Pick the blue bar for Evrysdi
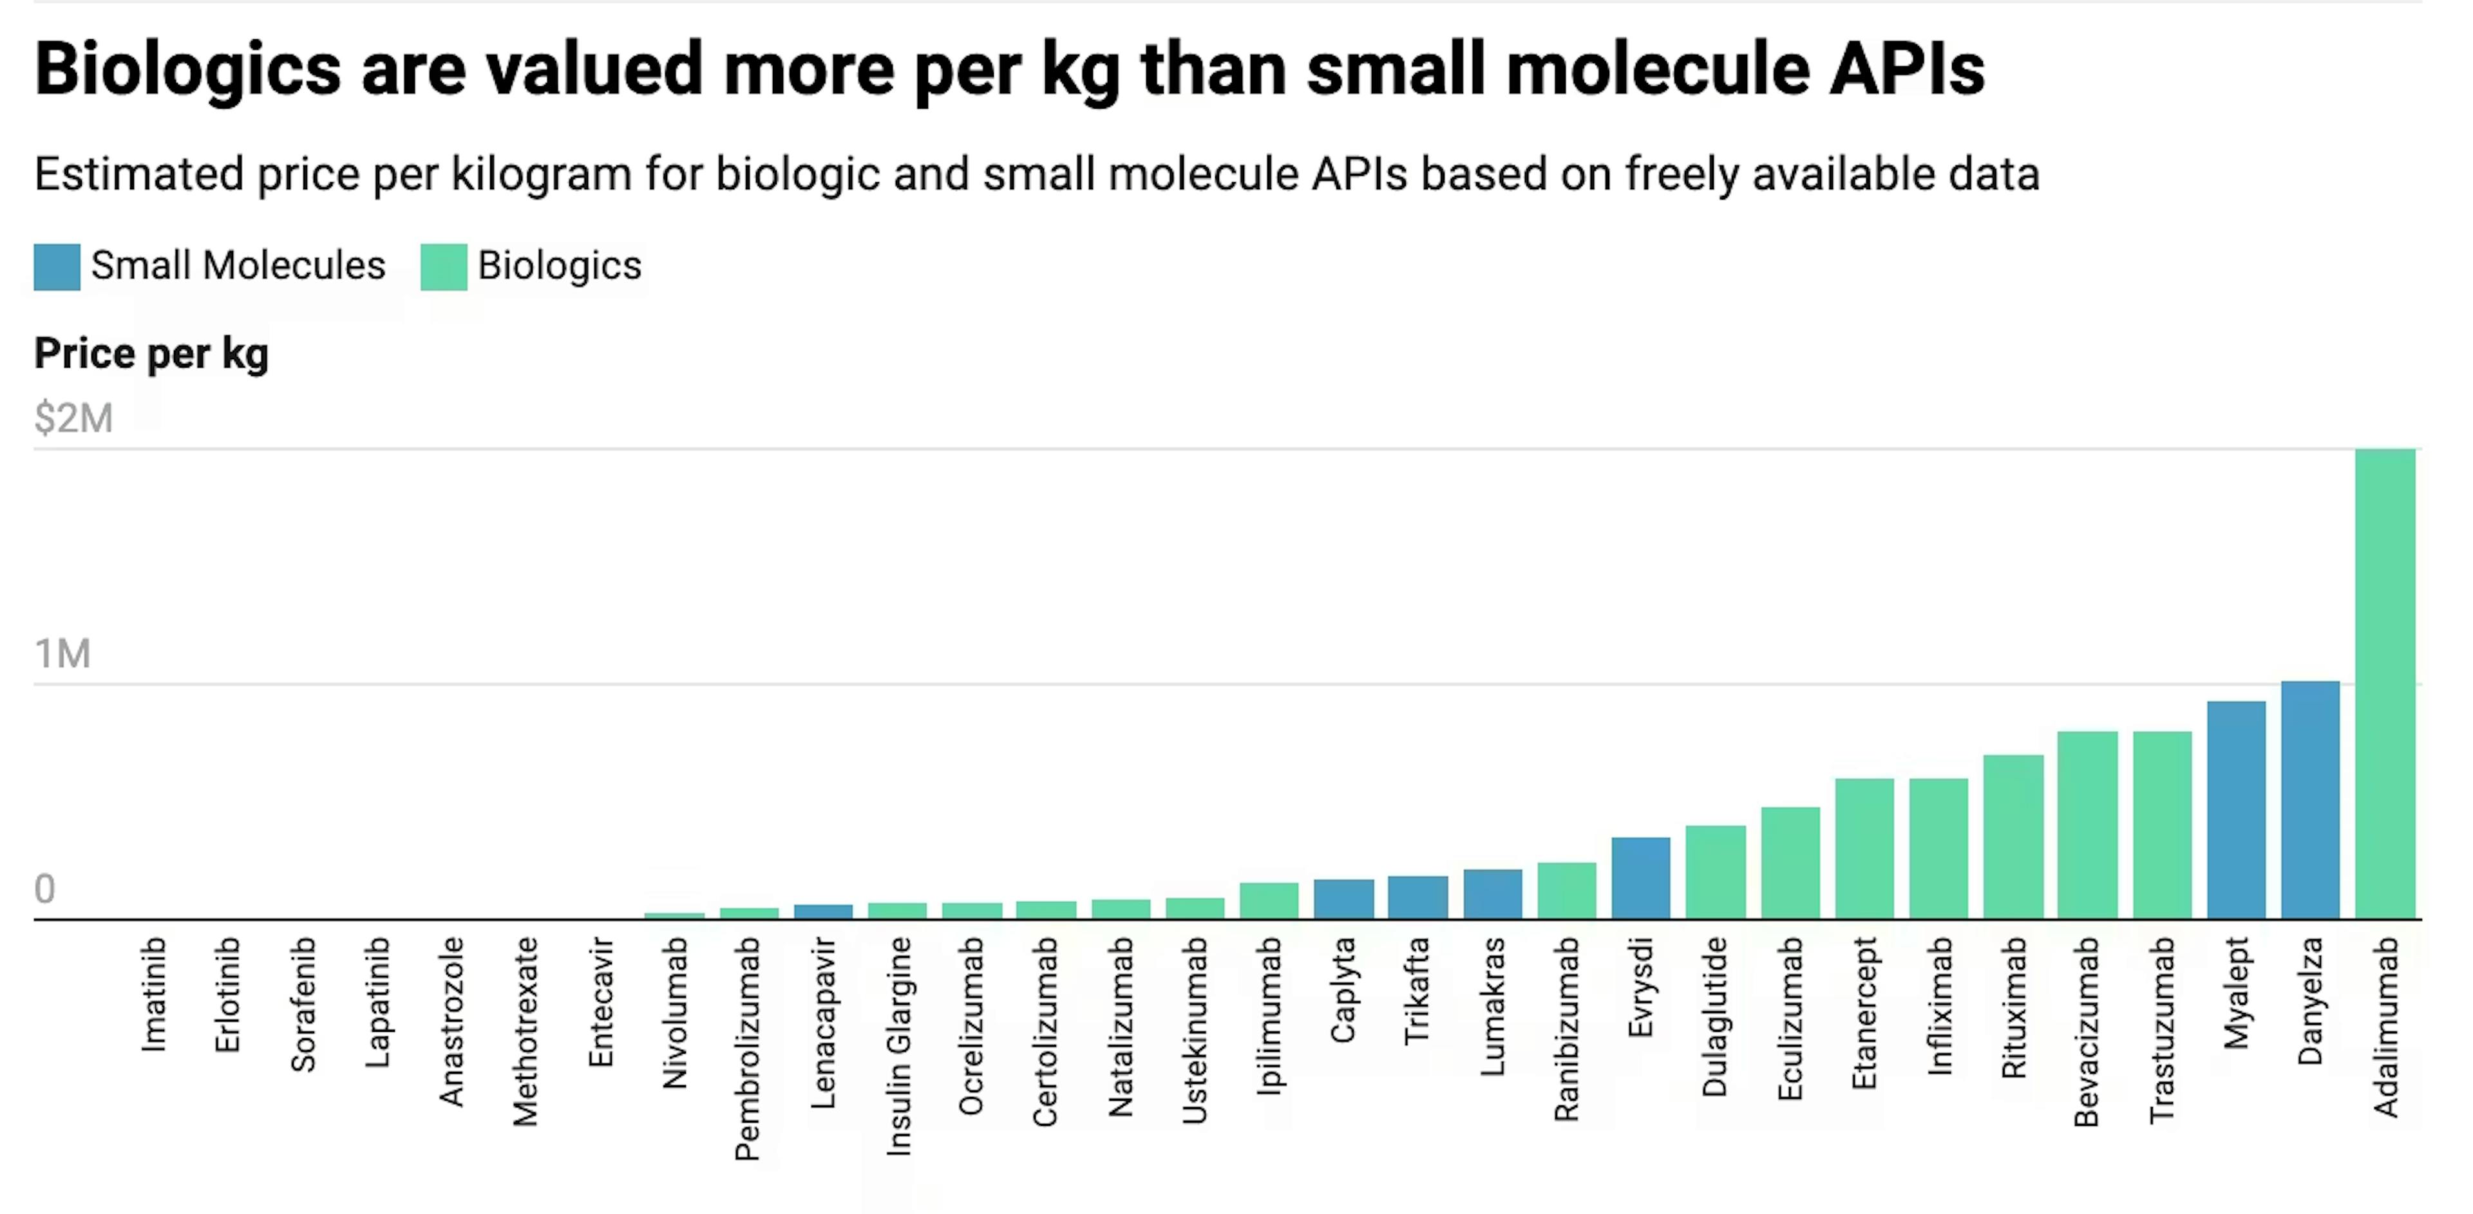[x=1641, y=877]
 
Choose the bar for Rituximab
[x=2013, y=836]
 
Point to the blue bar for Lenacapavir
[x=823, y=911]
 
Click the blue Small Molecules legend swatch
[x=57, y=266]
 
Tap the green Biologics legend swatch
[x=444, y=266]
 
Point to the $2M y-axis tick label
[x=74, y=418]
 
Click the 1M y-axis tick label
[x=62, y=653]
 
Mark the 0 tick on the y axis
[x=44, y=889]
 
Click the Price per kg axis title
[x=152, y=353]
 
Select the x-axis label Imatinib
[x=154, y=995]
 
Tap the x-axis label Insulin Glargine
[x=898, y=1046]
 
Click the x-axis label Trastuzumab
[x=2161, y=1030]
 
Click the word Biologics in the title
[x=187, y=69]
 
